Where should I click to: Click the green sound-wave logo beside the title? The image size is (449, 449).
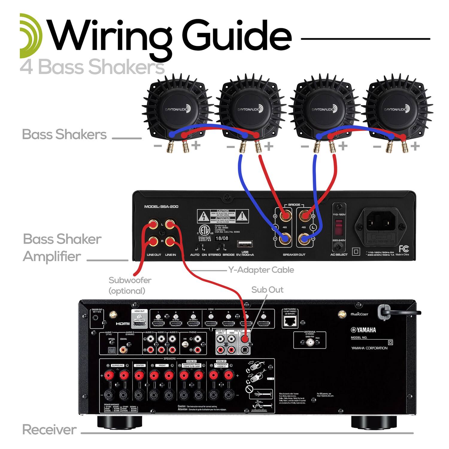coord(31,36)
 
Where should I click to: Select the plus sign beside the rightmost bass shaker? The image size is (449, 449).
coord(415,146)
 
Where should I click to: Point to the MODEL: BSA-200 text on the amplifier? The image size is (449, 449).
coord(161,207)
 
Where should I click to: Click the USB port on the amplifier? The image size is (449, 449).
coord(245,244)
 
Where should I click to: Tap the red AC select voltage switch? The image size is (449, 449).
coord(339,227)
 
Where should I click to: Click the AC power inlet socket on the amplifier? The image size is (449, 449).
coord(380,223)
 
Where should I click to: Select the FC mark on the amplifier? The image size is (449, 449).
coord(403,248)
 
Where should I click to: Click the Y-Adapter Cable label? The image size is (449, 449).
coord(261,270)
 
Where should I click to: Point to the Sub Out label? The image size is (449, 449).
coord(267,290)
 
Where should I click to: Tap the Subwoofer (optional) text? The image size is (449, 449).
coord(129,285)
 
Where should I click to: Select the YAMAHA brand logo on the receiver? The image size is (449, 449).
coord(363,330)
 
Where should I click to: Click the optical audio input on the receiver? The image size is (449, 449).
coord(111,349)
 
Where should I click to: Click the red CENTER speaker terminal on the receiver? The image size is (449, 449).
coord(139,375)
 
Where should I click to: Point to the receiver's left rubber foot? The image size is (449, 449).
coord(119,421)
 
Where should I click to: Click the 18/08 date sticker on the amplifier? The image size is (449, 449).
coord(222,238)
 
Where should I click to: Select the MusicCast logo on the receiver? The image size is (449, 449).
coord(359,314)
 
